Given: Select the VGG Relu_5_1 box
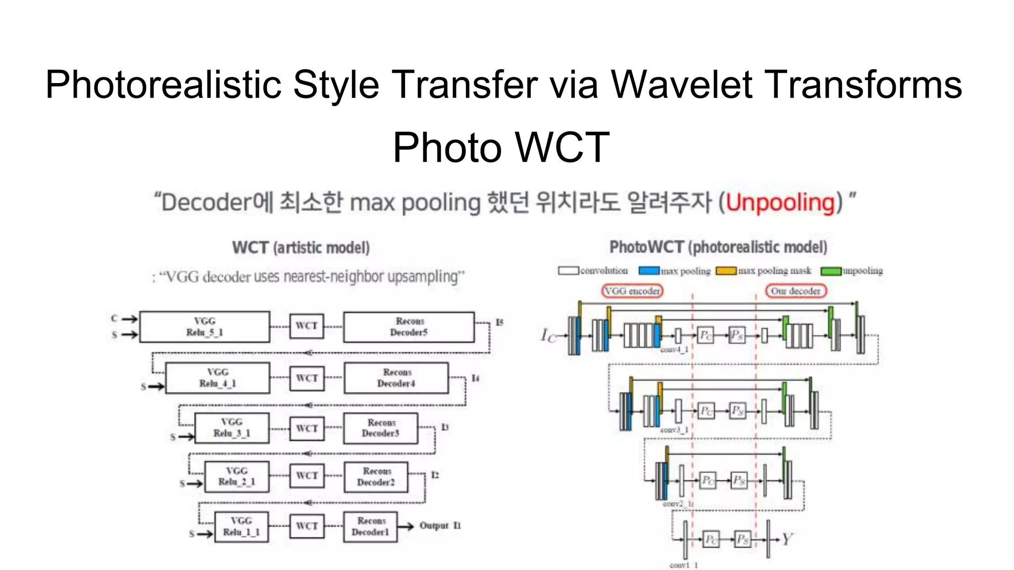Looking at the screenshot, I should click(x=204, y=327).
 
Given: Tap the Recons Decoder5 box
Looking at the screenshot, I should click(x=409, y=327).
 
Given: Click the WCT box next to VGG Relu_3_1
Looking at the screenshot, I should click(x=307, y=428).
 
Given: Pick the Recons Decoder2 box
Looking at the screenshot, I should click(x=376, y=476).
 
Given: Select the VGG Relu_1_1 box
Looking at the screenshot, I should click(x=242, y=526).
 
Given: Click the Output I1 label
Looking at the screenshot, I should click(x=440, y=525).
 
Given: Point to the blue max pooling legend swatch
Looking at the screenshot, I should click(x=649, y=271).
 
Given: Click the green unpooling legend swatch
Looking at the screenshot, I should click(x=831, y=271).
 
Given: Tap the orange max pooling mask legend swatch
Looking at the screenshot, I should click(x=726, y=271).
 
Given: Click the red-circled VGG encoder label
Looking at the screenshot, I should click(x=632, y=291).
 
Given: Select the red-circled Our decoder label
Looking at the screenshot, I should click(x=796, y=291).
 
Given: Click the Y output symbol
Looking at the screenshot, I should click(x=787, y=539).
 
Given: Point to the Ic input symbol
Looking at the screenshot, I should click(x=548, y=335).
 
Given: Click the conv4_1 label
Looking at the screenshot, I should click(x=674, y=350).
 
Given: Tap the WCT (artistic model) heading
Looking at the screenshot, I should click(x=301, y=247).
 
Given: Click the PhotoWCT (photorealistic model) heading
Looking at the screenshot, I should click(x=718, y=247).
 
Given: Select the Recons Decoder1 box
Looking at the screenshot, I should click(x=370, y=526).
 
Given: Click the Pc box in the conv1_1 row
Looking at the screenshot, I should click(x=711, y=539).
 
